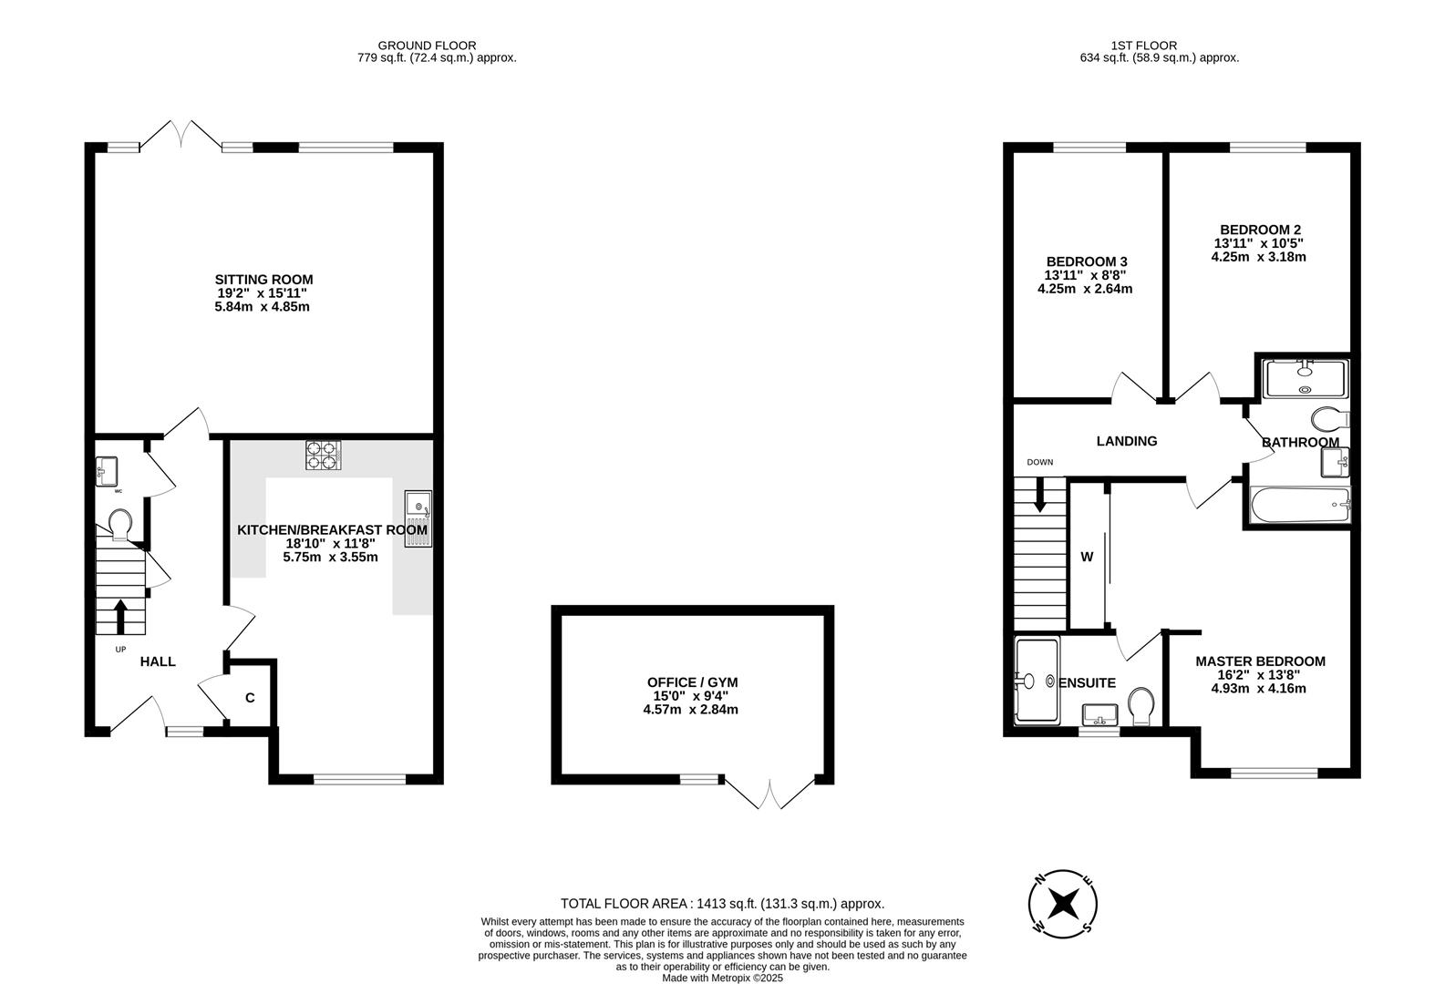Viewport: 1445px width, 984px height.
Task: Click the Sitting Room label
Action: click(263, 280)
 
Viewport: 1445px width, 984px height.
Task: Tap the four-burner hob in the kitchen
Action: click(324, 455)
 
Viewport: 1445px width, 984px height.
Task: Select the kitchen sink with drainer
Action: click(418, 518)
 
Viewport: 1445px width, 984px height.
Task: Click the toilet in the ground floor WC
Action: click(120, 524)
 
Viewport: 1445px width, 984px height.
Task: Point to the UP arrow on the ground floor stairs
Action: click(120, 617)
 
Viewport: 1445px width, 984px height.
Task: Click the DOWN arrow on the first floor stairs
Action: click(1039, 495)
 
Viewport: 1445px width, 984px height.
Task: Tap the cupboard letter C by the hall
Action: click(251, 698)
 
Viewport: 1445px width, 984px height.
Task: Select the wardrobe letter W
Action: click(1087, 557)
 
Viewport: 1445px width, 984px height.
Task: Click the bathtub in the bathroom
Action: click(1300, 505)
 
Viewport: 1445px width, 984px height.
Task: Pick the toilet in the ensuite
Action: click(1141, 705)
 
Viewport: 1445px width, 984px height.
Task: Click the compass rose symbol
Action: click(1062, 904)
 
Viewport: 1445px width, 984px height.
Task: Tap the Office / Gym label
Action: click(692, 682)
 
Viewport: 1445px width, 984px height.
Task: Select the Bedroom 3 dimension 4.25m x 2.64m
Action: click(1085, 289)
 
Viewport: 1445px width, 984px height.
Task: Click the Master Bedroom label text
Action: click(1261, 661)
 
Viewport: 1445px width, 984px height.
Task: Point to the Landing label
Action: click(1127, 441)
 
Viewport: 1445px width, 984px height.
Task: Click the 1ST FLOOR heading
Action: click(1144, 46)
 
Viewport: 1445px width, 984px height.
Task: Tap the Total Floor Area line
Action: click(722, 904)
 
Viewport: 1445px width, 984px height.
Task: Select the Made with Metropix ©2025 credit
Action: click(722, 978)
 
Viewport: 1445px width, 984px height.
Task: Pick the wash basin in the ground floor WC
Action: click(107, 471)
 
